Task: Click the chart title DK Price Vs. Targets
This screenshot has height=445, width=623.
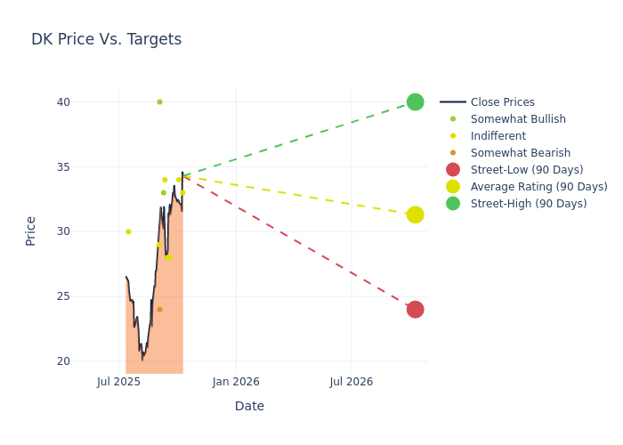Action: (106, 39)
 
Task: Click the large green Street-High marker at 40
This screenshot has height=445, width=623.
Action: (415, 102)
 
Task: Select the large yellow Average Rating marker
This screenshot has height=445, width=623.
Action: (415, 214)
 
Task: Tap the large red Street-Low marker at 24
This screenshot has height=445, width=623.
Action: (415, 310)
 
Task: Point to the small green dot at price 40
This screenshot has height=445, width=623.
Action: (159, 102)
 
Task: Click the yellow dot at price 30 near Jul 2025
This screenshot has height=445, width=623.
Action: (128, 231)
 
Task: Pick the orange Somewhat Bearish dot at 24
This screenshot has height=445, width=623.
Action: (159, 310)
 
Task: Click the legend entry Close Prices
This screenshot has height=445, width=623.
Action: (502, 102)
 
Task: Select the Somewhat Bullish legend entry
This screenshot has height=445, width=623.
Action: (518, 119)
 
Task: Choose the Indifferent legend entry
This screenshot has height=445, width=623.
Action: (498, 136)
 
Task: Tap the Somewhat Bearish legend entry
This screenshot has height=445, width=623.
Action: (520, 153)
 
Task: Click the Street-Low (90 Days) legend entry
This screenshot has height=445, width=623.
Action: (527, 170)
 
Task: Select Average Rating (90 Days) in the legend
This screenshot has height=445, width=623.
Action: (538, 187)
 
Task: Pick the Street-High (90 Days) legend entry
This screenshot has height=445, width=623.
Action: (529, 204)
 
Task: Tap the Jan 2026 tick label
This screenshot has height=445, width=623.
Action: (236, 382)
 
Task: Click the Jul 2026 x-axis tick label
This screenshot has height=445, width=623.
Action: (352, 382)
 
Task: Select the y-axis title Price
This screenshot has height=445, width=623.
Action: (31, 231)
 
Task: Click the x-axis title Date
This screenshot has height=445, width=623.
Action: (249, 406)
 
